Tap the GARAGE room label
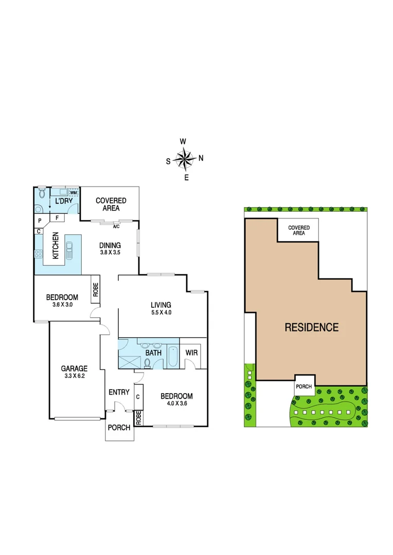(75, 368)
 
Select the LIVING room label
(160, 305)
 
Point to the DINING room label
(110, 245)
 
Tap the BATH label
(153, 353)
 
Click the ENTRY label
(119, 392)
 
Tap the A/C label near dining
(116, 226)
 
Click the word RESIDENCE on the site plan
(312, 327)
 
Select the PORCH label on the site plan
(303, 387)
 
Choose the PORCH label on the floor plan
(119, 428)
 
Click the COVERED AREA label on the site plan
(299, 230)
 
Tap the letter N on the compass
(201, 158)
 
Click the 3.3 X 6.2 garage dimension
(75, 376)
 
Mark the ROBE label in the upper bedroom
(96, 291)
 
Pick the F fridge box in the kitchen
(57, 218)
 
